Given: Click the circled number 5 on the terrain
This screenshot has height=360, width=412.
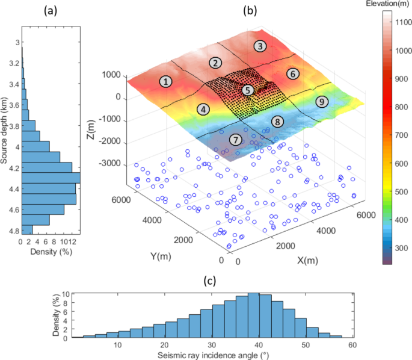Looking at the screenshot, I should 248,90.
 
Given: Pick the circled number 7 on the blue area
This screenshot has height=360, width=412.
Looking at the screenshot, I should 236,140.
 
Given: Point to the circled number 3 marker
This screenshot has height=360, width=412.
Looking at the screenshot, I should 259,46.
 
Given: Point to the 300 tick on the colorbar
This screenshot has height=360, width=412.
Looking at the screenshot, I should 401,247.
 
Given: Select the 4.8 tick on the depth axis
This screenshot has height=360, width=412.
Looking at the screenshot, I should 12,231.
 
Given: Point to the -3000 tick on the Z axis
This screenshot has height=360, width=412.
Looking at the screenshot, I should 112,164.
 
